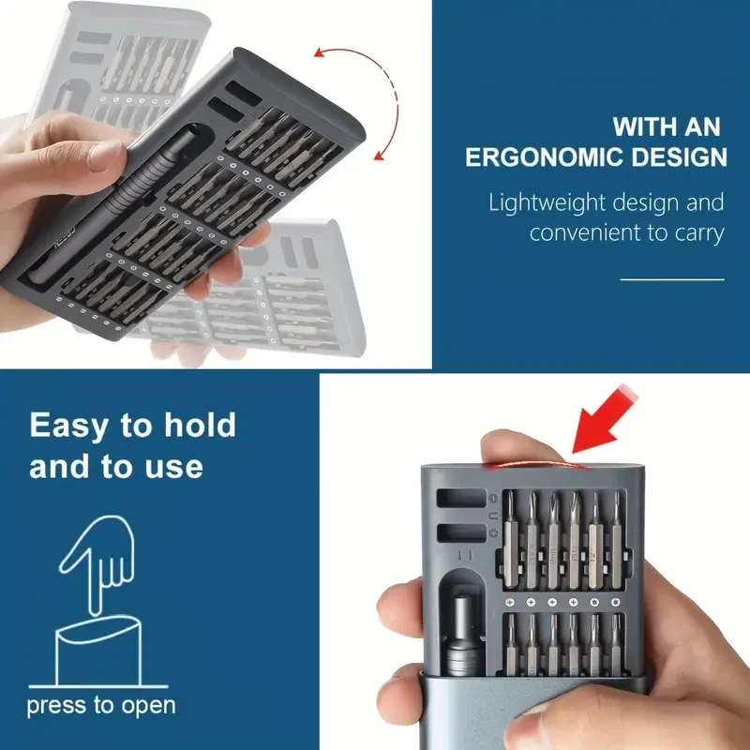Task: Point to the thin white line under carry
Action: [672, 279]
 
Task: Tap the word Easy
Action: [71, 426]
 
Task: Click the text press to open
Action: [100, 705]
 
